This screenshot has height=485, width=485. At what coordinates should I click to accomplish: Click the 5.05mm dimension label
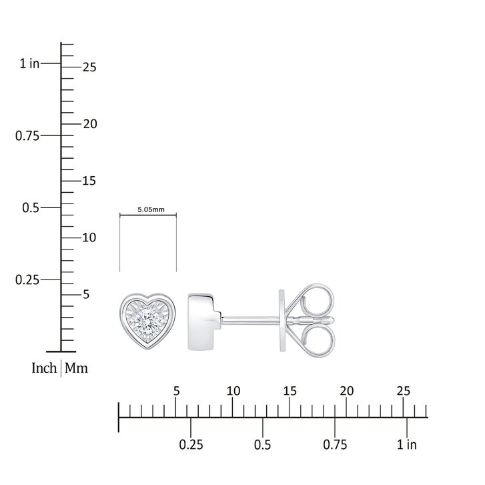(x=151, y=209)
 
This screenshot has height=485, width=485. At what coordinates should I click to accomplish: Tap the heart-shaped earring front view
(x=148, y=321)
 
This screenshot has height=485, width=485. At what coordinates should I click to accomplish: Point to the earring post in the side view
(x=251, y=322)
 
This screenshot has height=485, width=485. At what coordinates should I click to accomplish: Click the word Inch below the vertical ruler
(x=44, y=368)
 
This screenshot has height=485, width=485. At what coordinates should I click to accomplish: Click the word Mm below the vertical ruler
(x=76, y=368)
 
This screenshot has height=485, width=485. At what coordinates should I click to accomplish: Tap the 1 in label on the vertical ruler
(x=30, y=63)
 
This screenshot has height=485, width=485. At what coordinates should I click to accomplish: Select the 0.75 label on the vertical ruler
(x=27, y=136)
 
